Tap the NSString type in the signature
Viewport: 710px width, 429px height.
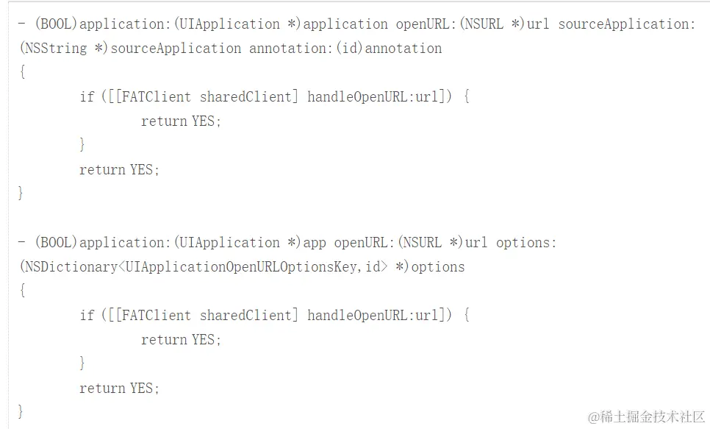[x=54, y=48]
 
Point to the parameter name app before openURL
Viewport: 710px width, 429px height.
[x=315, y=242]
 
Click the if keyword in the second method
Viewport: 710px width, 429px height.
[x=87, y=315]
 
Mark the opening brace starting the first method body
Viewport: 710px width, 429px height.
[x=23, y=72]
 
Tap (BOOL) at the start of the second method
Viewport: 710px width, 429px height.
[x=56, y=242]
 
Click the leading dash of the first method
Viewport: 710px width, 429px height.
[x=21, y=24]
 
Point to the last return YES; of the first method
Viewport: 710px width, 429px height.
[x=119, y=169]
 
